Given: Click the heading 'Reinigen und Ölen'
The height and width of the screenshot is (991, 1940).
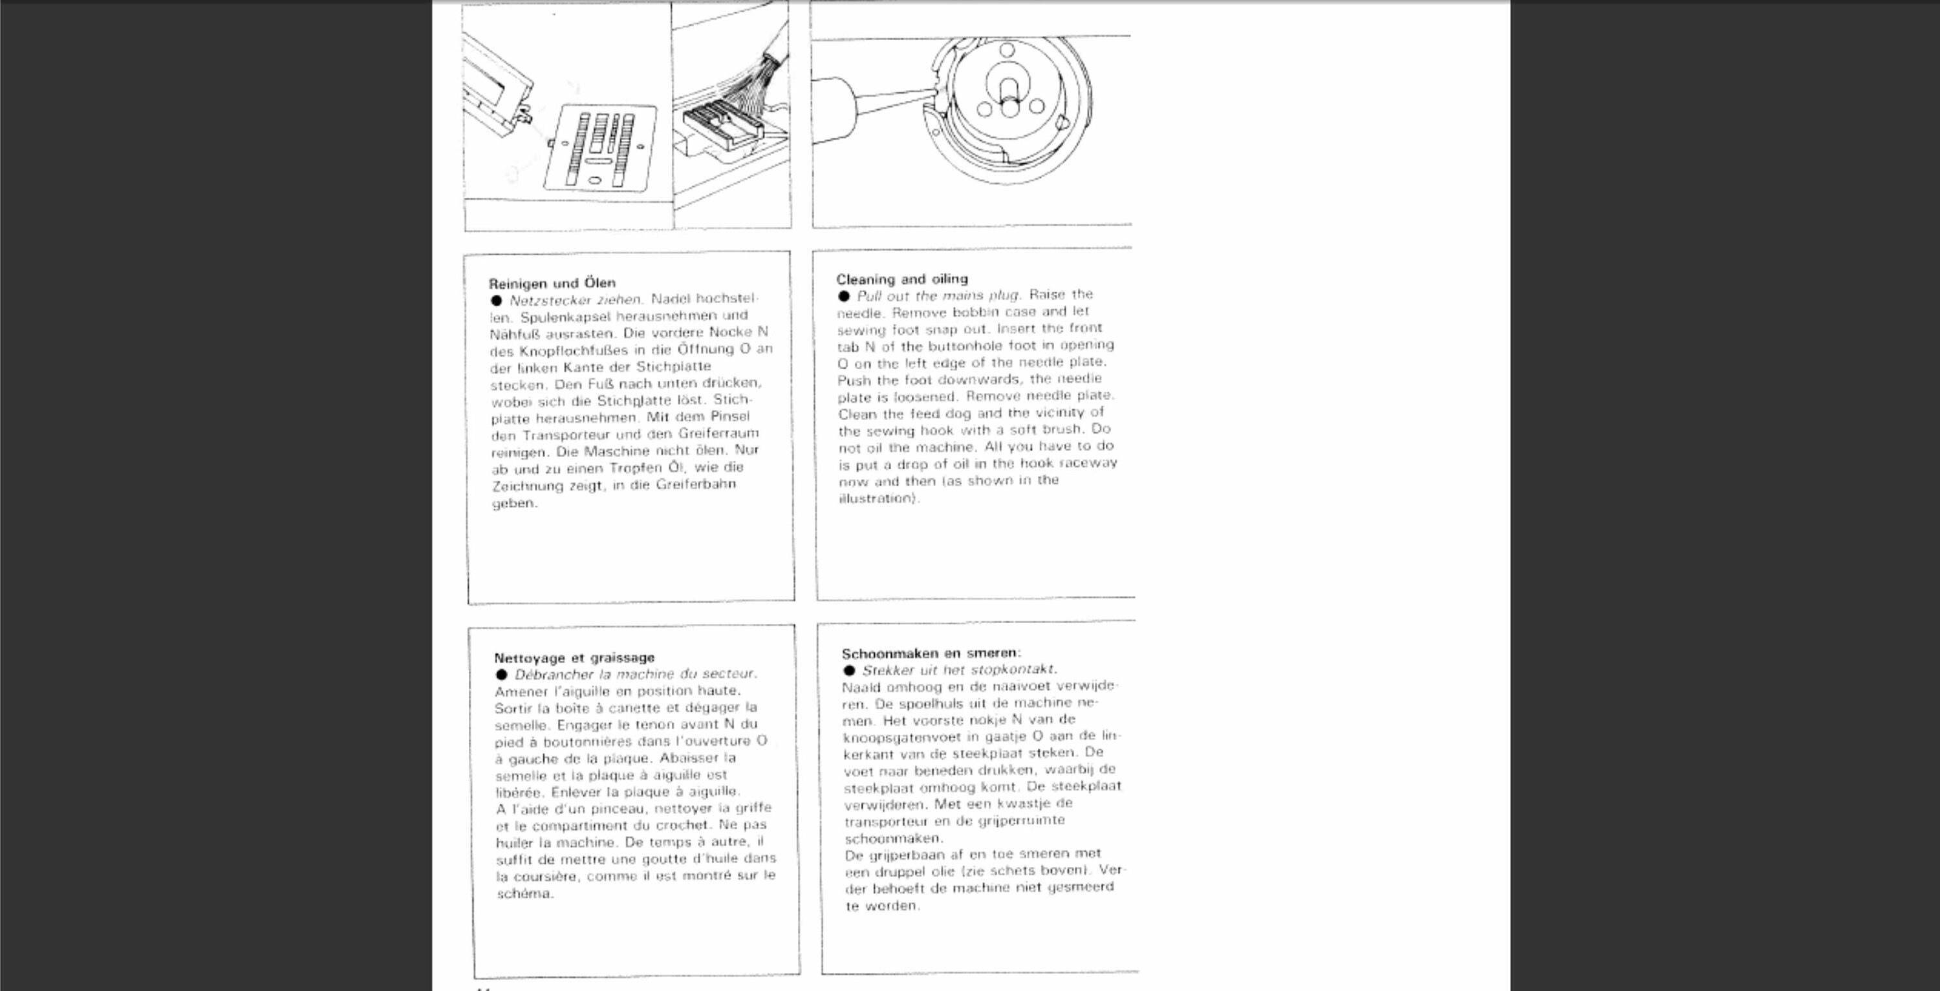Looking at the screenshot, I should point(552,283).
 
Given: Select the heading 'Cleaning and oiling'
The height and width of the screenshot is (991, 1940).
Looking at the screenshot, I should point(901,279).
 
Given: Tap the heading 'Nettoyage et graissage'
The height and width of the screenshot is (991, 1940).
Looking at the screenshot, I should point(574,657).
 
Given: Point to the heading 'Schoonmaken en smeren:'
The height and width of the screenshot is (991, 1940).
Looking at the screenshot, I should point(931,653).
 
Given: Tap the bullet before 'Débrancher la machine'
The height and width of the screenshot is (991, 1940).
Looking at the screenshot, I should point(502,674).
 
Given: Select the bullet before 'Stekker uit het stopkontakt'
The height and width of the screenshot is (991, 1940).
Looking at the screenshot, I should point(850,670).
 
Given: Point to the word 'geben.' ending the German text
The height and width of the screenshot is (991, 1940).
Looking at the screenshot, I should point(514,503).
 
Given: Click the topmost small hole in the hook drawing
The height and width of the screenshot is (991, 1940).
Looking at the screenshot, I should point(1007,50).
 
